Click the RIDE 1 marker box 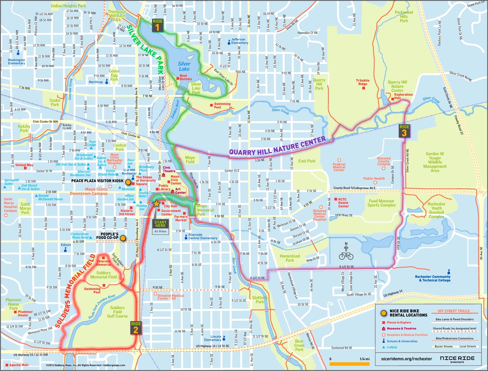[158, 25]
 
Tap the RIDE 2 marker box [136, 328]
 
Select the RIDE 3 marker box [404, 131]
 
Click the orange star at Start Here [156, 204]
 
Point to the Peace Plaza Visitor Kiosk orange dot [128, 182]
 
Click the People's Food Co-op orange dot [123, 238]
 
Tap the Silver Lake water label [184, 66]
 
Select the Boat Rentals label [186, 77]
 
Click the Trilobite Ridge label [363, 82]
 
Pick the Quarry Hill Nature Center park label [397, 86]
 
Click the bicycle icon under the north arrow [346, 256]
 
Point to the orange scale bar [349, 364]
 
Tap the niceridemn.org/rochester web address [406, 359]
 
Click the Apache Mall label [19, 365]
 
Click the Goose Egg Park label [114, 75]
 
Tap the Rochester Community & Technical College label [433, 278]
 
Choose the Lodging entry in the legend [392, 347]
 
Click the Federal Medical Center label [339, 167]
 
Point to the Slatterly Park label [260, 300]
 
